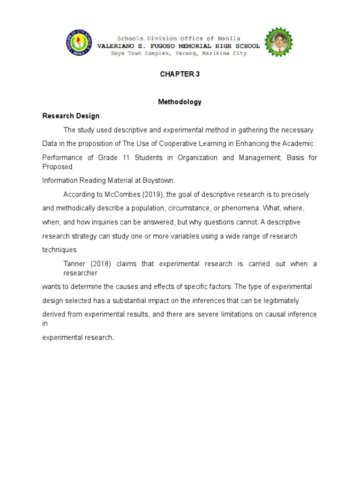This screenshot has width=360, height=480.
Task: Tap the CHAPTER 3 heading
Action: [180, 74]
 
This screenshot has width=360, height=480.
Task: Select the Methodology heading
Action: [180, 102]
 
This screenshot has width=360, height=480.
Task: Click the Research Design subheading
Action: [71, 116]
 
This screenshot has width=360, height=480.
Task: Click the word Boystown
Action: [158, 180]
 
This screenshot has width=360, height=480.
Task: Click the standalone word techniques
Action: [59, 250]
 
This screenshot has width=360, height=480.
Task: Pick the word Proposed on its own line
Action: [57, 166]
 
